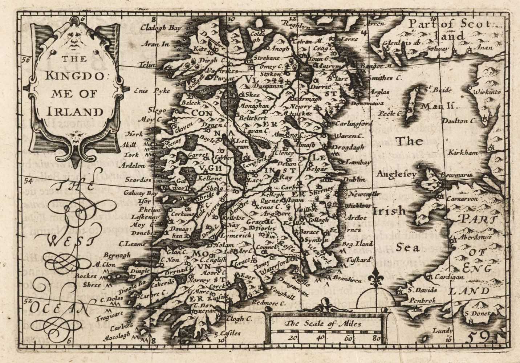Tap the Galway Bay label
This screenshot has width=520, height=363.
coord(140,193)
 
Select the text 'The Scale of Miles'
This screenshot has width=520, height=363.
coord(323,324)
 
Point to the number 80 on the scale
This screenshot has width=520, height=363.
coord(376,339)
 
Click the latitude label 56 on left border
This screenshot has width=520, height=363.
coord(25,60)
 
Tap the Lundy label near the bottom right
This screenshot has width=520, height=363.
coord(442,331)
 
